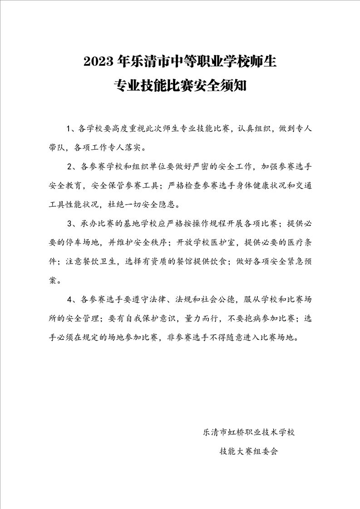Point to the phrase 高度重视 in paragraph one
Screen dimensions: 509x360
127,129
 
